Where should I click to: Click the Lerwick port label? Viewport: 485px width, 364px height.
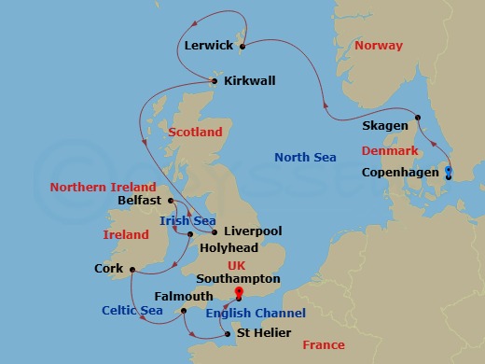tap(207, 43)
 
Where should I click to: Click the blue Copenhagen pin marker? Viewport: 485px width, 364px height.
tap(449, 173)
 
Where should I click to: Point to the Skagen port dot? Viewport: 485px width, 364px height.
tap(419, 117)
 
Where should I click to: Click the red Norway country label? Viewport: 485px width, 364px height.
tap(378, 45)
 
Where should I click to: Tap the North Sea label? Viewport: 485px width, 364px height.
tap(305, 157)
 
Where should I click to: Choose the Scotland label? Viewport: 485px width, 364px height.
tap(195, 132)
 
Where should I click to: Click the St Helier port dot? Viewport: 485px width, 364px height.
tap(227, 332)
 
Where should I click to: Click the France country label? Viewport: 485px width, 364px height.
tap(324, 346)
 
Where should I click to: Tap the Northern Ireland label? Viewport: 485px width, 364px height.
tap(95, 186)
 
